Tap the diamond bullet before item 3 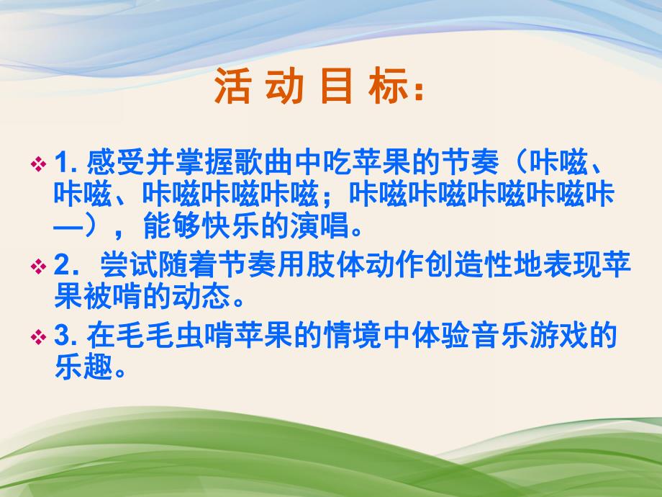pos(40,336)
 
